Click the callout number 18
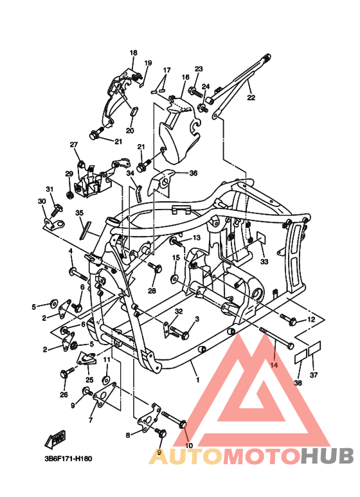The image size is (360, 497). tap(134, 53)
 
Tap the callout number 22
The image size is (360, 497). tap(251, 98)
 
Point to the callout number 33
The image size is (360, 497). tap(263, 262)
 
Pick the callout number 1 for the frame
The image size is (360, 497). tap(197, 380)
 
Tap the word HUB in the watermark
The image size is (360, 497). tap(327, 456)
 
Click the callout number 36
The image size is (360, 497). tap(194, 173)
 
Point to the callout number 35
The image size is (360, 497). tap(79, 213)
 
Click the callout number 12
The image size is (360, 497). tap(310, 320)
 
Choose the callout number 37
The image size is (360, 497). tap(314, 375)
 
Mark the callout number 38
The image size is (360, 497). tap(298, 383)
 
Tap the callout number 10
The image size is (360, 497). tap(188, 445)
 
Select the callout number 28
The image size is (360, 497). tap(152, 291)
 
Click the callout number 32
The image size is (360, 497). tap(178, 311)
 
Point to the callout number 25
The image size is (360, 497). tap(89, 380)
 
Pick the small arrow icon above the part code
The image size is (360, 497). tap(55, 439)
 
